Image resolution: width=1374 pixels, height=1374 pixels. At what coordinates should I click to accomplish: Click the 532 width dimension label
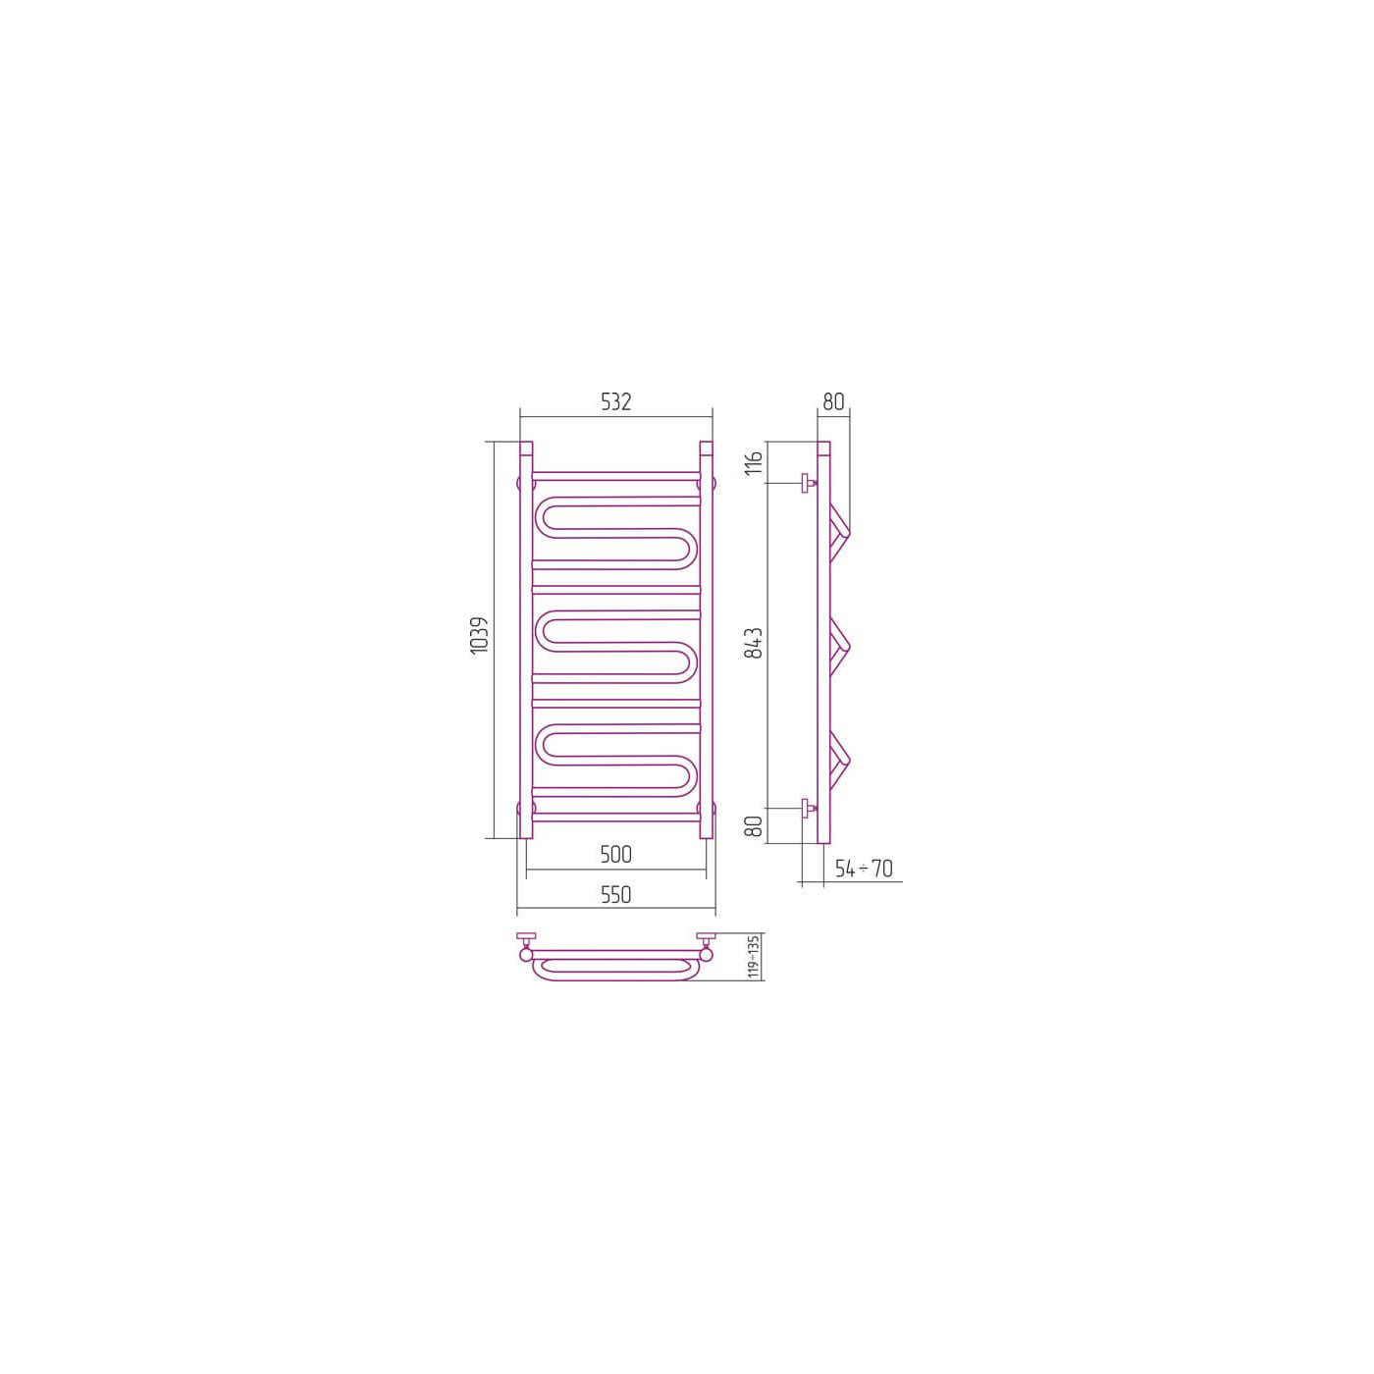pos(615,401)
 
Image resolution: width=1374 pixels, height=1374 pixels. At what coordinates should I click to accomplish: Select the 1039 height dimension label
pos(479,636)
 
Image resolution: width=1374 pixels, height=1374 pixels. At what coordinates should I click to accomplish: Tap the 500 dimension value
pos(615,855)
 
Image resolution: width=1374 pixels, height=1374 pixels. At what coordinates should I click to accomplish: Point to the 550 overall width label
pos(615,895)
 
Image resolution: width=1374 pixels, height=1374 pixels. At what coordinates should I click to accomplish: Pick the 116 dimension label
pos(754,462)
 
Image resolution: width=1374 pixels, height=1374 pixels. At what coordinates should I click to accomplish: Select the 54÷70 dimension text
pos(864,869)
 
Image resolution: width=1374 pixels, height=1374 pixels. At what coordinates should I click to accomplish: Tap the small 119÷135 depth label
pos(753,956)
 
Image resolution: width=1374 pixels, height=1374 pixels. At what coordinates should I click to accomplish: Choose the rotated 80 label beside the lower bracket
pos(754,825)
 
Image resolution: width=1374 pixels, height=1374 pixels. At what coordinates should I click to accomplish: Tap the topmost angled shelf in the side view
pos(841,529)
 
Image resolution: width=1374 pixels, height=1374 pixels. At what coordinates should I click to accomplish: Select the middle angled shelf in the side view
pos(841,644)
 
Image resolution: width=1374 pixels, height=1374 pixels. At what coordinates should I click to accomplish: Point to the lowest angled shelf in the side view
pos(841,759)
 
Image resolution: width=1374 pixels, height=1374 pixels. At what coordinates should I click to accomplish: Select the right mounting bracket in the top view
pos(706,945)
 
